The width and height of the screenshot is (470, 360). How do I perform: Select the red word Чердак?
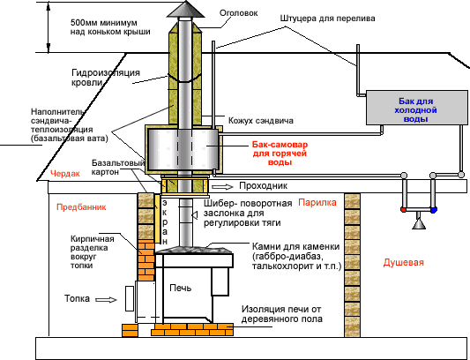65,175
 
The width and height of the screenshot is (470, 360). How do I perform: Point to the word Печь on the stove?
180,288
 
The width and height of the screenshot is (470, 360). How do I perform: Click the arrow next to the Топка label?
105,300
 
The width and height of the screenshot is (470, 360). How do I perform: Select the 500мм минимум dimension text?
93,26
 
